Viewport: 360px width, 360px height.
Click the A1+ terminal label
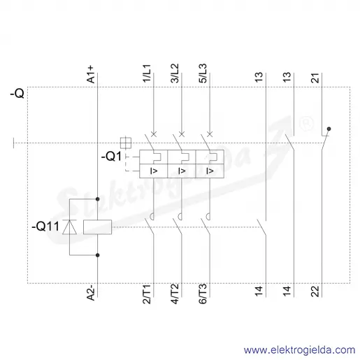tap(91, 75)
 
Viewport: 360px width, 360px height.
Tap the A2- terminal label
tap(91, 293)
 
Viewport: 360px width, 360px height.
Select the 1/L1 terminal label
tap(147, 73)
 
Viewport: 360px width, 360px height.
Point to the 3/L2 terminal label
tap(175, 73)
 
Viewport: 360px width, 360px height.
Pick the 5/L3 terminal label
tap(203, 73)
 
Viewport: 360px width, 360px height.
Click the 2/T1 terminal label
tap(147, 294)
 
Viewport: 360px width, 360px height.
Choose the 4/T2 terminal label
tap(175, 294)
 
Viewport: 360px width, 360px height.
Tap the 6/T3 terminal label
tap(203, 294)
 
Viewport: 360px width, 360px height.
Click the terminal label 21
tap(315, 78)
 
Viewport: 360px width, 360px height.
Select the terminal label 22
tap(315, 291)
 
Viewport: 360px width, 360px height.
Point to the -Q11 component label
tap(45, 226)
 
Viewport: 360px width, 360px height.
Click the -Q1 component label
tap(111, 157)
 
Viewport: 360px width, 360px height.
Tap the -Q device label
tap(17, 94)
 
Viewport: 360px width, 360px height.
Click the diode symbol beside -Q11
tap(69, 226)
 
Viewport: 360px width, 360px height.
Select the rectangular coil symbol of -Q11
tap(97, 227)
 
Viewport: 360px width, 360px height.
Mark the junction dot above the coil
tap(98, 199)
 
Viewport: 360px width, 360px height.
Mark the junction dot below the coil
tap(98, 255)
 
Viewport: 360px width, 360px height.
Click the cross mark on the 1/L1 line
tap(154, 134)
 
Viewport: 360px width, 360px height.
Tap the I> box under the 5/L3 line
tap(210, 171)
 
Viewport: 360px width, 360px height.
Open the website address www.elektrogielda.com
tap(300, 350)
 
